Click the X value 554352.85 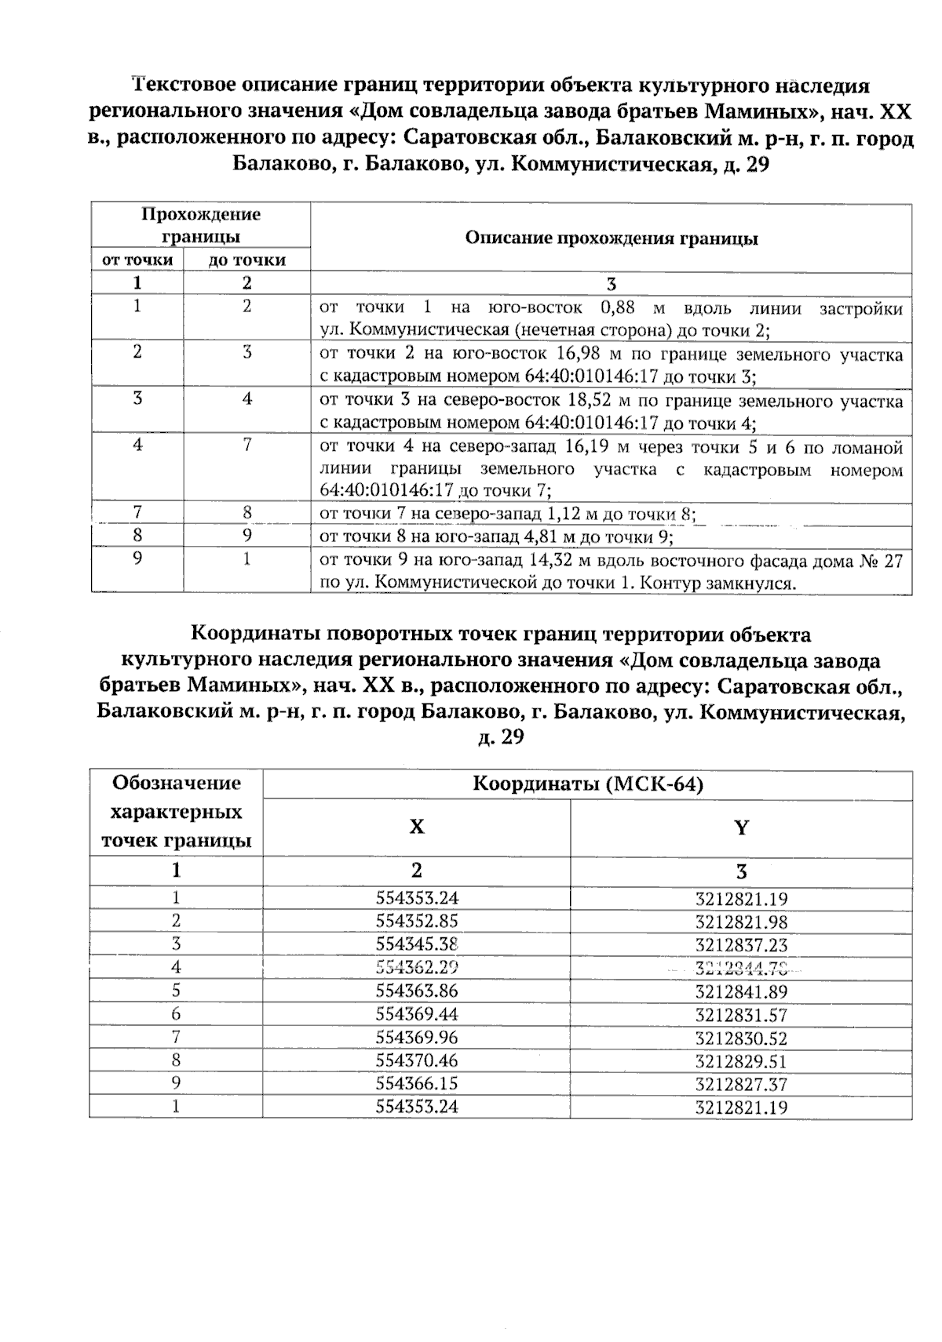pyautogui.click(x=416, y=922)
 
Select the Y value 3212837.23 pyautogui.click(x=741, y=945)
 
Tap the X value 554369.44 pyautogui.click(x=416, y=1015)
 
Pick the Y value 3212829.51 pyautogui.click(x=741, y=1061)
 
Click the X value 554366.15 pyautogui.click(x=416, y=1084)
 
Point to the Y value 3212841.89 pyautogui.click(x=741, y=991)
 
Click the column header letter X pyautogui.click(x=416, y=827)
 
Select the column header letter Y pyautogui.click(x=741, y=827)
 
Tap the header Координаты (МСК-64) pyautogui.click(x=587, y=784)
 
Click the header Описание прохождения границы pyautogui.click(x=612, y=238)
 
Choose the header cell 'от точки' pyautogui.click(x=137, y=260)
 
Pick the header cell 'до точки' pyautogui.click(x=246, y=260)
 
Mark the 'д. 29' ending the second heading pyautogui.click(x=500, y=737)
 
